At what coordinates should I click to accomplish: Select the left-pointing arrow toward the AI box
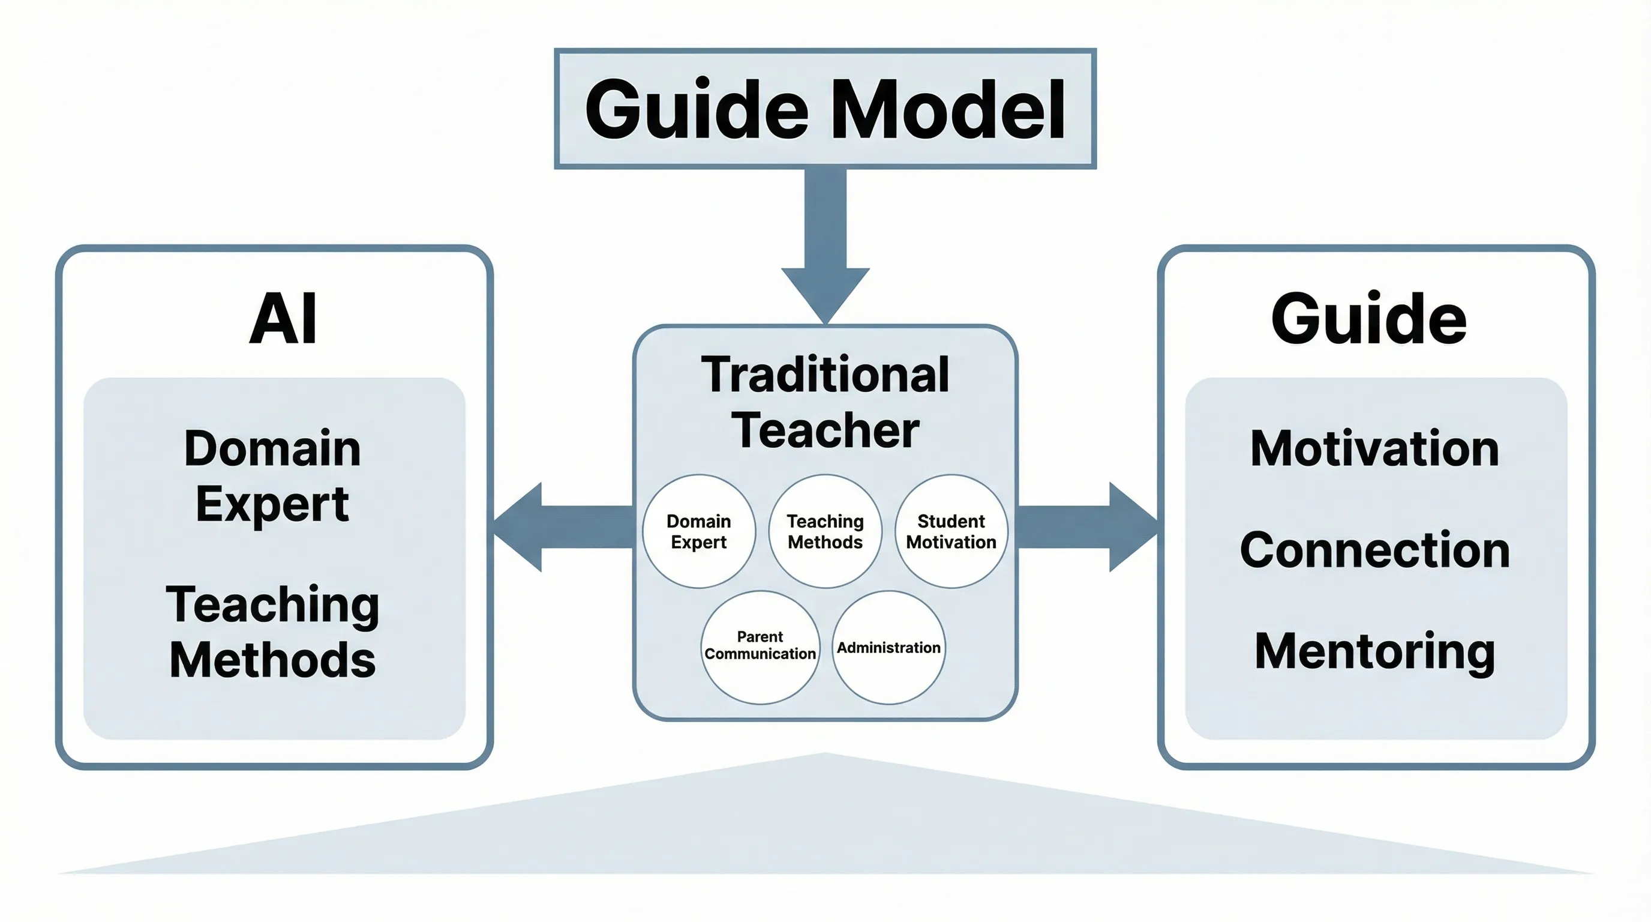tap(551, 527)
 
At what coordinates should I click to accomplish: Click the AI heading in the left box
tap(283, 319)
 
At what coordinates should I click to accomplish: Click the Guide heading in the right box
tap(1368, 319)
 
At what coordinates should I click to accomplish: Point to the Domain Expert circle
tap(698, 531)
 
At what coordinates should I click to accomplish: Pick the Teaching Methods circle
tap(825, 531)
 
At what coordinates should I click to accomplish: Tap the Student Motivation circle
tap(951, 531)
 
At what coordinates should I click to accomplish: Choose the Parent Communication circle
tap(760, 646)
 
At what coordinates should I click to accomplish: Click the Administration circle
tap(888, 648)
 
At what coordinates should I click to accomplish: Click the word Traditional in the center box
tap(825, 375)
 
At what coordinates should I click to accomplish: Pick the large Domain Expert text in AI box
tap(272, 476)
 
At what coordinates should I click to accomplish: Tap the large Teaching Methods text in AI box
tap(272, 632)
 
